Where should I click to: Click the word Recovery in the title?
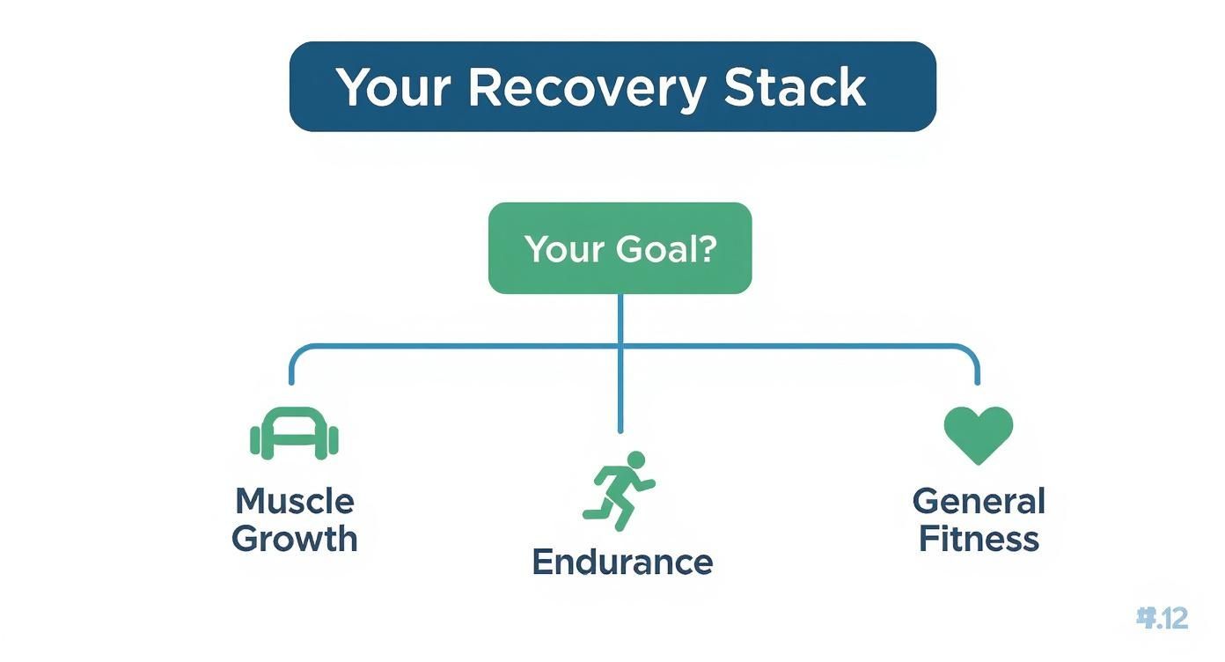586,87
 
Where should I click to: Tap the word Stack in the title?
795,87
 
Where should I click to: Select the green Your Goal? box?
620,248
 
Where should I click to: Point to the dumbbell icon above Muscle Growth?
294,434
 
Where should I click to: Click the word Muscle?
294,502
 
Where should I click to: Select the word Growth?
294,539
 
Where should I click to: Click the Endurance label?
622,562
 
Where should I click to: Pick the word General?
979,502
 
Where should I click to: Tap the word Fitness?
979,539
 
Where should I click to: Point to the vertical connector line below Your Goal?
620,387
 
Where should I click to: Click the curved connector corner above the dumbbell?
297,353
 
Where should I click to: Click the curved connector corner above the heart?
972,353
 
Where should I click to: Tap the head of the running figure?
636,460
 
